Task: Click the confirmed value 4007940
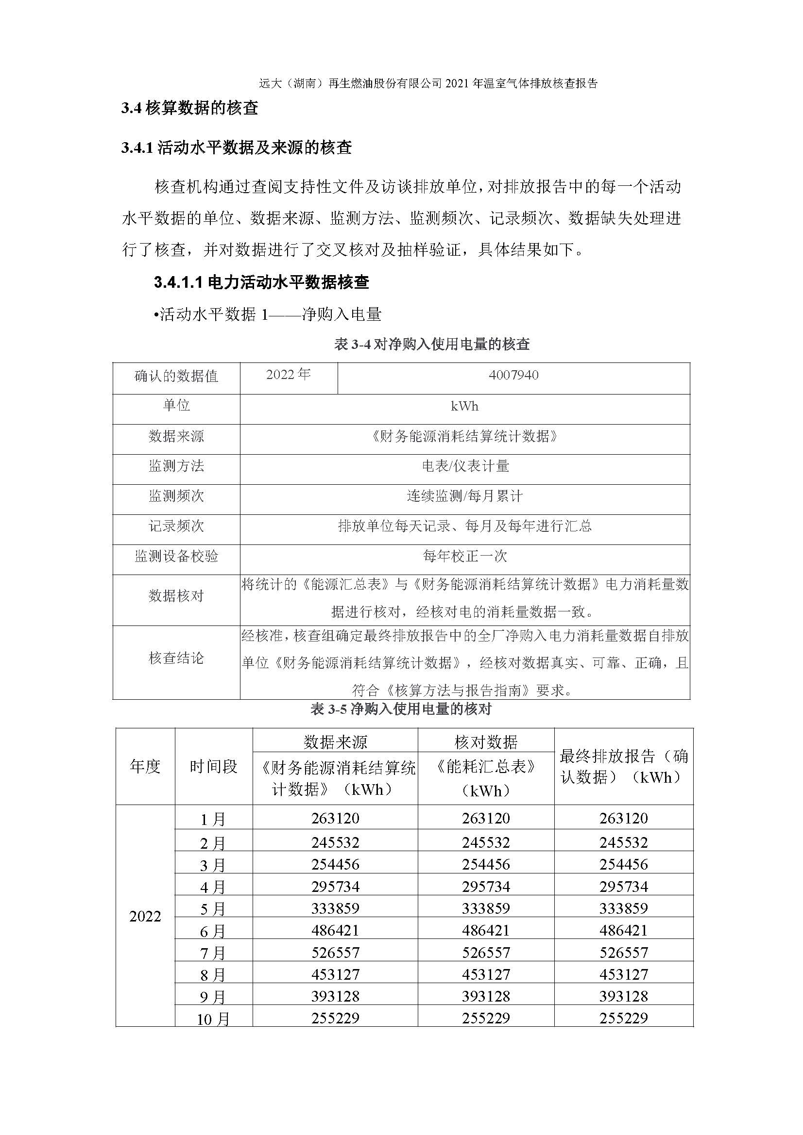pyautogui.click(x=513, y=375)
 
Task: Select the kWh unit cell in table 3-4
pyautogui.click(x=464, y=406)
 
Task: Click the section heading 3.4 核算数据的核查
pyautogui.click(x=189, y=108)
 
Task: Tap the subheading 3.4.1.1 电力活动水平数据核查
pyautogui.click(x=261, y=282)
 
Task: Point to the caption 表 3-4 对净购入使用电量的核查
pyautogui.click(x=432, y=344)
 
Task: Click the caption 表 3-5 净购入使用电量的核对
pyautogui.click(x=401, y=709)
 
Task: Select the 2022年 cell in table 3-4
pyautogui.click(x=289, y=375)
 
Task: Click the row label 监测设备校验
pyautogui.click(x=176, y=557)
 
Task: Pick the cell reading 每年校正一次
pyautogui.click(x=464, y=557)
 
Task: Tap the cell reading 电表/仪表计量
pyautogui.click(x=464, y=466)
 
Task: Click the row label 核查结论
pyautogui.click(x=176, y=658)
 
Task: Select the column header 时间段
pyautogui.click(x=213, y=767)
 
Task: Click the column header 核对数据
pyautogui.click(x=485, y=742)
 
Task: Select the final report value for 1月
pyautogui.click(x=623, y=818)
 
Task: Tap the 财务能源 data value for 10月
pyautogui.click(x=335, y=1019)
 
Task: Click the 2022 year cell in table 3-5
pyautogui.click(x=145, y=917)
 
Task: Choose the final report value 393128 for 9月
pyautogui.click(x=623, y=996)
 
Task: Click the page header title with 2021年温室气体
pyautogui.click(x=428, y=83)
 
